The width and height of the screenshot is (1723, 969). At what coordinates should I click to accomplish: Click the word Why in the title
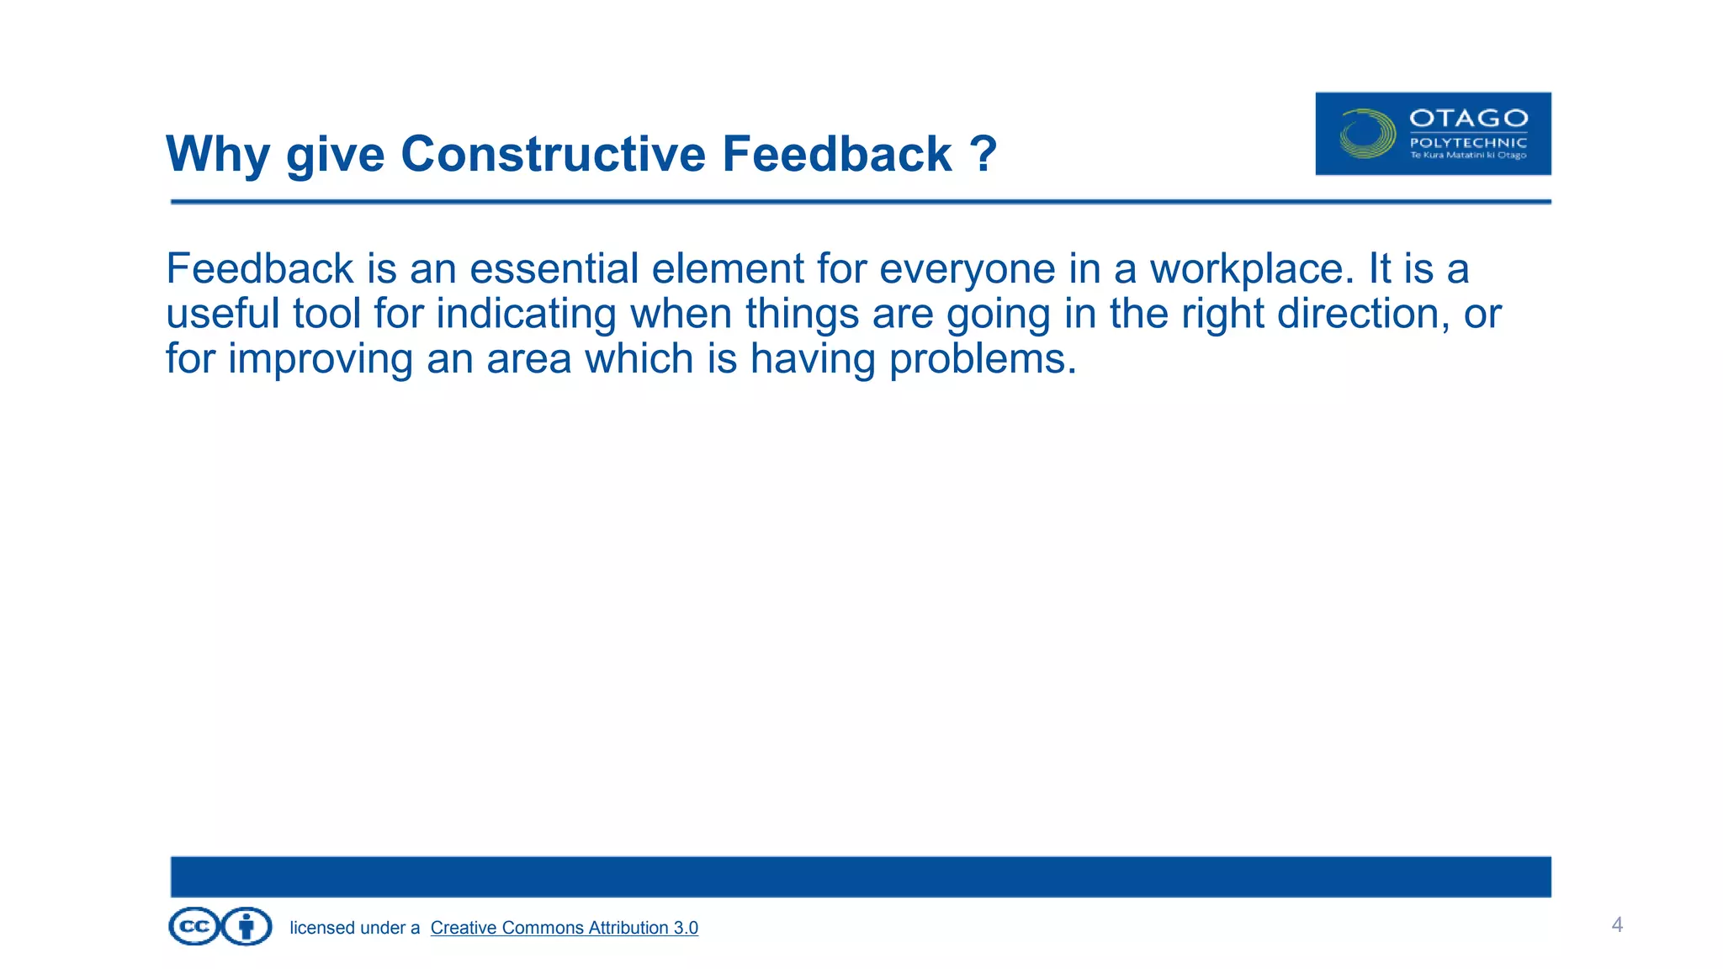pyautogui.click(x=217, y=156)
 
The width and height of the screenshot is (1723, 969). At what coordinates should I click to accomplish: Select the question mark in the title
pyautogui.click(x=983, y=154)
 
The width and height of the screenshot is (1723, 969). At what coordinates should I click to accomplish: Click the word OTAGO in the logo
pyautogui.click(x=1468, y=119)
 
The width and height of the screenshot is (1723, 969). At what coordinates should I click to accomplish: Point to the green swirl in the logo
pyautogui.click(x=1367, y=134)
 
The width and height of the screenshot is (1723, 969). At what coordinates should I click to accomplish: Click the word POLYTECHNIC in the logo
pyautogui.click(x=1468, y=143)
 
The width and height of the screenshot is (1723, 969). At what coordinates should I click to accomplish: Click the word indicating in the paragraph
pyautogui.click(x=526, y=314)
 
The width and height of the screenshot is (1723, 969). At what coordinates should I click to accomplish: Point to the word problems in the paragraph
pyautogui.click(x=983, y=359)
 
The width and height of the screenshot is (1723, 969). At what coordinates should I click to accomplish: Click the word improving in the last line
pyautogui.click(x=320, y=359)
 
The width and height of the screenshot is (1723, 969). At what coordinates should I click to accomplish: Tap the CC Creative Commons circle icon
pyautogui.click(x=194, y=927)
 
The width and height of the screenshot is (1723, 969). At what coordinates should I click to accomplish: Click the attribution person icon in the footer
pyautogui.click(x=247, y=927)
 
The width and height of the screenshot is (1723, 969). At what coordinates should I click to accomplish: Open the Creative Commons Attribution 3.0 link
pyautogui.click(x=564, y=928)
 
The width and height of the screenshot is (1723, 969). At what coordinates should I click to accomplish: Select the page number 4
pyautogui.click(x=1616, y=925)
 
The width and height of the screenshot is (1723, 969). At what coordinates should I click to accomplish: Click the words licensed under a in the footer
pyautogui.click(x=354, y=928)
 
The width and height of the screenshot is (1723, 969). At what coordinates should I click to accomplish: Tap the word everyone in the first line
pyautogui.click(x=967, y=269)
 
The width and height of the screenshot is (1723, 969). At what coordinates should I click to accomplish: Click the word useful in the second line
pyautogui.click(x=222, y=314)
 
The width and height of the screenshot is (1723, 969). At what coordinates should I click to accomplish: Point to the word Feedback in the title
pyautogui.click(x=836, y=154)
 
